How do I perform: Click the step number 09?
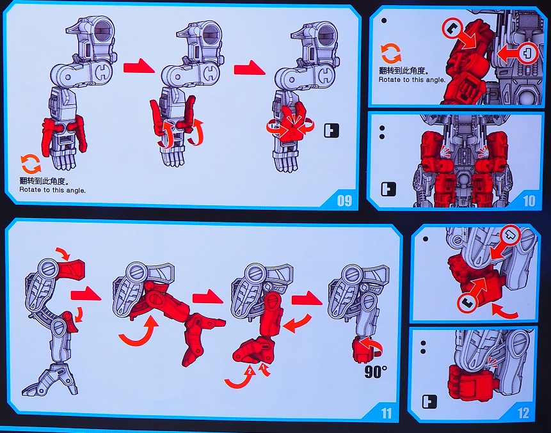click(344, 201)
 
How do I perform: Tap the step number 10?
click(529, 201)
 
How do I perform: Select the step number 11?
click(386, 413)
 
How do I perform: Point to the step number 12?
click(523, 413)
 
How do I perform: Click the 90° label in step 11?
click(375, 372)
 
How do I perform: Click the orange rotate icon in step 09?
click(31, 164)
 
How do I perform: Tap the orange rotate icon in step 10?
click(391, 53)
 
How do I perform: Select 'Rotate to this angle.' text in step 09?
click(52, 190)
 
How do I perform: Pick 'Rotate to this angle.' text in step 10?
click(412, 80)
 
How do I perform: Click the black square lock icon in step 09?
click(331, 130)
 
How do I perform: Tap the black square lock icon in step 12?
click(429, 402)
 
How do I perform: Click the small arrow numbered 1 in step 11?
click(264, 370)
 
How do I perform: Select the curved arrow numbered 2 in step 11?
click(240, 378)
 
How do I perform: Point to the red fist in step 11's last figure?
click(364, 349)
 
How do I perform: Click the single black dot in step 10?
click(384, 20)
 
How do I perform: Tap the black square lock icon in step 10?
click(388, 189)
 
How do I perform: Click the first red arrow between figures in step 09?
click(139, 66)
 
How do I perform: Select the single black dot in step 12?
click(426, 239)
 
